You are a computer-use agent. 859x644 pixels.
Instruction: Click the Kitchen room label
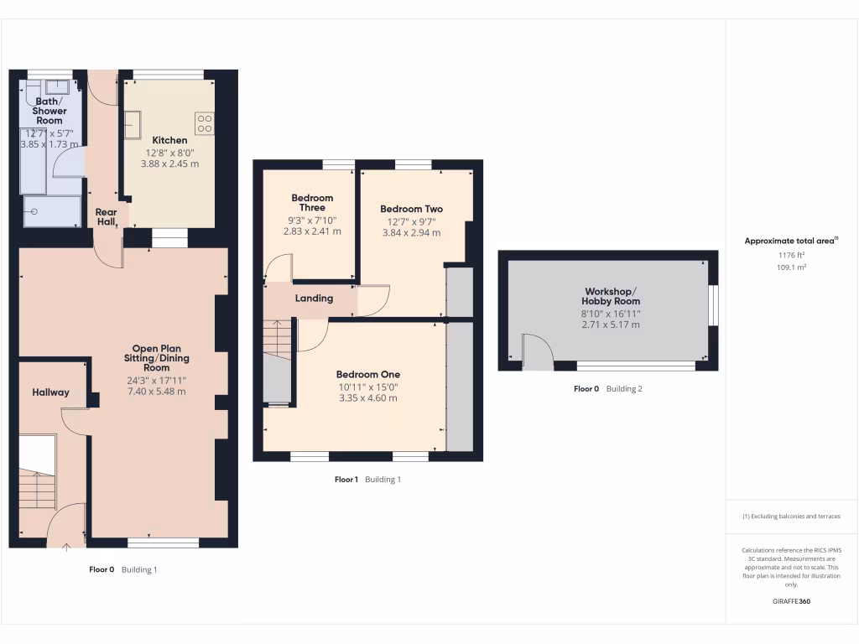(x=169, y=140)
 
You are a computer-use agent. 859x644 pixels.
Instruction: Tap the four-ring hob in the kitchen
(x=205, y=123)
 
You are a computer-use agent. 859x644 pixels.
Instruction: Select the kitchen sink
(x=133, y=124)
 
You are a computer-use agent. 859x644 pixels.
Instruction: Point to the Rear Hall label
(x=107, y=217)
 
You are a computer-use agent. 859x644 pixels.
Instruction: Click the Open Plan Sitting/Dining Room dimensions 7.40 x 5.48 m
(x=157, y=392)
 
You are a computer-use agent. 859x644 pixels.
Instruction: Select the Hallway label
(x=51, y=392)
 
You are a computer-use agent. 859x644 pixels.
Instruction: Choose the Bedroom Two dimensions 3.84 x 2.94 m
(x=411, y=233)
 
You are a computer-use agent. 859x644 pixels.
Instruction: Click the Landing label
(x=314, y=299)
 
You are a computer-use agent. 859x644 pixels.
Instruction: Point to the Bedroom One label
(x=368, y=375)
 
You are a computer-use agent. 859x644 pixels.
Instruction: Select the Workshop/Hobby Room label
(x=612, y=296)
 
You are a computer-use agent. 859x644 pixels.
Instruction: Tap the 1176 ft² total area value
(x=790, y=255)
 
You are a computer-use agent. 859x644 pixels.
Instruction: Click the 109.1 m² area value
(x=790, y=267)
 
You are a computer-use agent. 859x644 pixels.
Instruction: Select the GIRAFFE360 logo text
(x=790, y=602)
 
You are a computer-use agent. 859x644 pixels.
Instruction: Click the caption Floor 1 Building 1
(x=367, y=480)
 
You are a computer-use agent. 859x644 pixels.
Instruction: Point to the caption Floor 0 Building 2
(x=607, y=389)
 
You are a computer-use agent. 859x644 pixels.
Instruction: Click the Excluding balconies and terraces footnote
(x=790, y=517)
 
